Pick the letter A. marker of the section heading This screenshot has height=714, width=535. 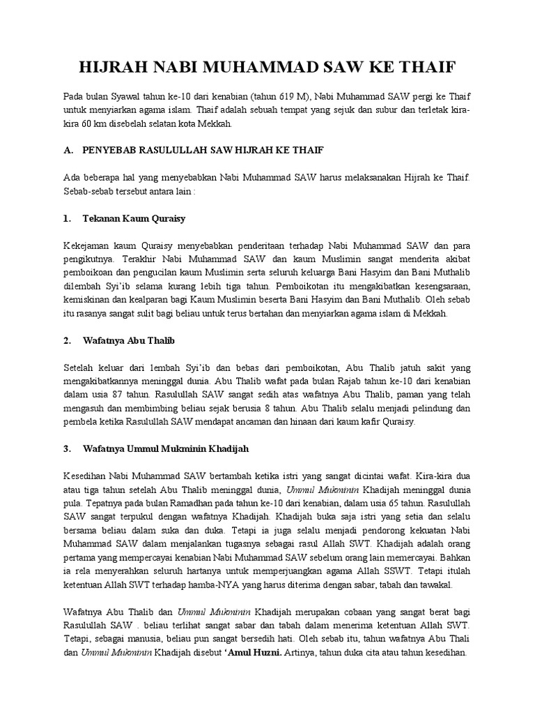pyautogui.click(x=68, y=151)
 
